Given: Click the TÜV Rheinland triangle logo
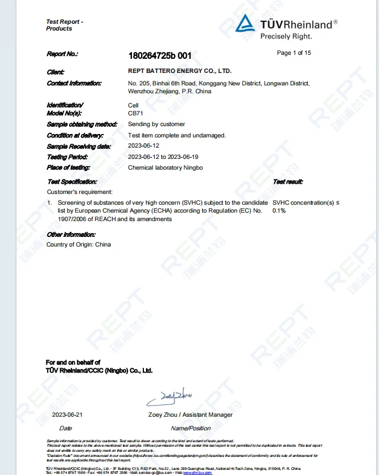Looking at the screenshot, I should pos(245,23).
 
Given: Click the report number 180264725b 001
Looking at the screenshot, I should pos(160,55).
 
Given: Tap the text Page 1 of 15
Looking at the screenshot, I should pos(293,53).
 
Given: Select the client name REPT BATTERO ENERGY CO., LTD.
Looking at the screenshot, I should pos(180,71).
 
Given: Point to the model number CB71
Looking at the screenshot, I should pos(135,114).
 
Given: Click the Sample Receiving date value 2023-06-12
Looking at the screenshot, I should pos(144,146).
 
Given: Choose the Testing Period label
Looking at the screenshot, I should pos(68,157).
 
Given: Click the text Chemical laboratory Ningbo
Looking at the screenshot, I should pos(165,167).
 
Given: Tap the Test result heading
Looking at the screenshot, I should pos(288,182).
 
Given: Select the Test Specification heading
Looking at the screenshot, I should pos(72,182).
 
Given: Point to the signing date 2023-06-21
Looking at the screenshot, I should pos(67,414).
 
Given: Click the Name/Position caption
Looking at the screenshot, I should pos(190,428).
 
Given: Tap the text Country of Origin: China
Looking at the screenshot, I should pos(79,245).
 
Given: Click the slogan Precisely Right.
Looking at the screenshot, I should pos(286,36).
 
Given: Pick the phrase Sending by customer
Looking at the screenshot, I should pos(156,124).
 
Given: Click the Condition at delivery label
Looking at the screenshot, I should pos(75,135).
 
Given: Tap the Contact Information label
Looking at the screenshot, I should pos(74,83).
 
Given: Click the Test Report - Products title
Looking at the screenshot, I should pos(65,25).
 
